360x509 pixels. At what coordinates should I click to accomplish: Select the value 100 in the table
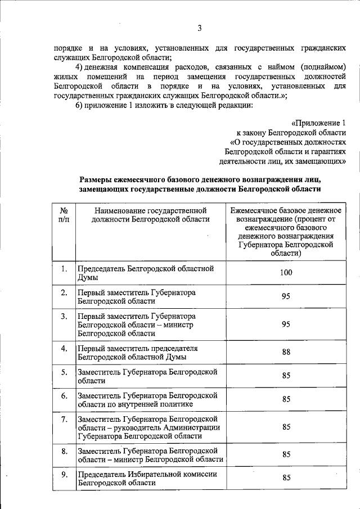(x=286, y=273)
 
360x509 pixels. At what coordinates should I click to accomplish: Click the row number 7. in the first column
(x=64, y=419)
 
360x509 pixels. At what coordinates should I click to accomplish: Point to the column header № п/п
(x=64, y=215)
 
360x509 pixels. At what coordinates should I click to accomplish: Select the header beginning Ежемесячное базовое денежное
(x=286, y=210)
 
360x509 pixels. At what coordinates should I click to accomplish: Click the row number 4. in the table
(x=64, y=349)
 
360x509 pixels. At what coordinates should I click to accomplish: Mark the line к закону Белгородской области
(x=303, y=132)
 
